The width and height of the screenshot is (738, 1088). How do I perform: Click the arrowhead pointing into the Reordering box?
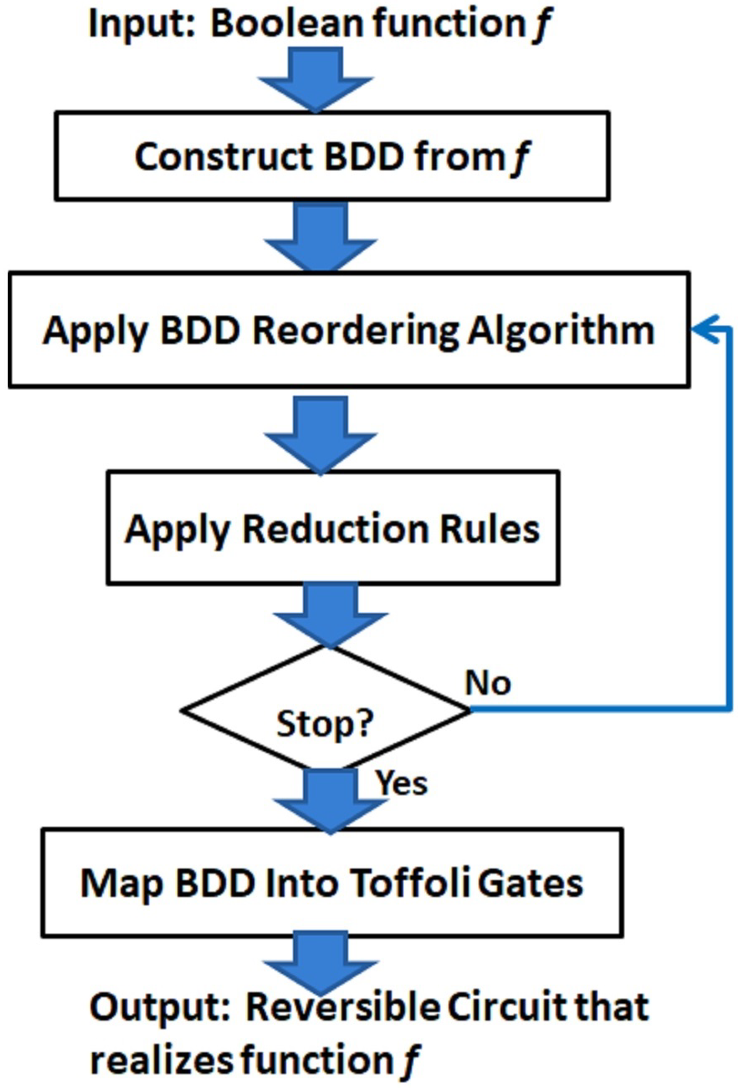[703, 330]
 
